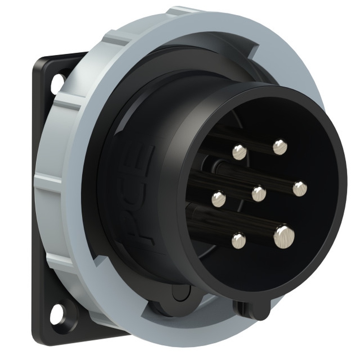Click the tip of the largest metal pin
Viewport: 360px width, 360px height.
coord(284,237)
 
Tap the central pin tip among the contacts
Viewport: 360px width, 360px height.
coord(259,194)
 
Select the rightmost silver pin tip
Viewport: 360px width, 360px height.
coord(300,189)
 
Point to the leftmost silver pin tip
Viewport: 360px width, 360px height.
coord(219,199)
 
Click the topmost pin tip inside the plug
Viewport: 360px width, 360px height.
coord(280,147)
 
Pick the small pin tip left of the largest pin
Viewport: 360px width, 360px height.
coord(238,240)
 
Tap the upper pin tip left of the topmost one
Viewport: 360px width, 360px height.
coord(239,152)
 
